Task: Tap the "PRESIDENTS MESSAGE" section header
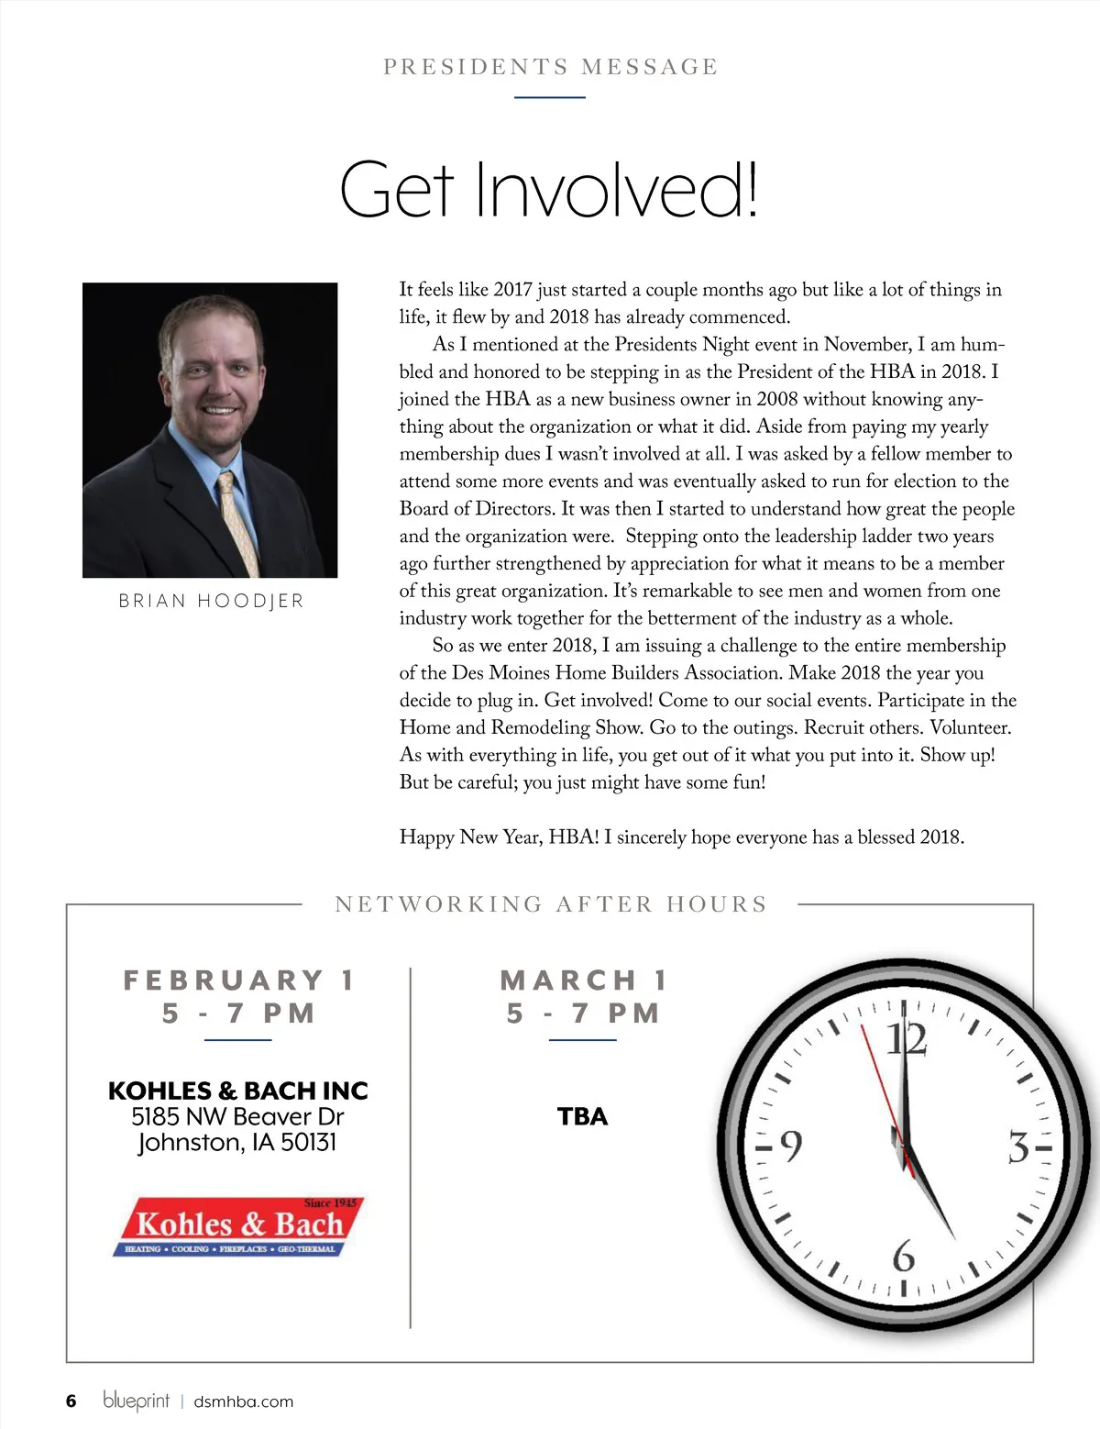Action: [550, 67]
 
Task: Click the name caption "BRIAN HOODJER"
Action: [211, 601]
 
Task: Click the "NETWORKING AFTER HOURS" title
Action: [550, 904]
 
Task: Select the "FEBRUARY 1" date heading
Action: [238, 980]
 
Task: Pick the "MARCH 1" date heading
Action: [583, 980]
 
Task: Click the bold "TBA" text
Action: [582, 1116]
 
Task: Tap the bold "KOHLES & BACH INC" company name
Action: [237, 1091]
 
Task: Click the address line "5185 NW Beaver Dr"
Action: [237, 1116]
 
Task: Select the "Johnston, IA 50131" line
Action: [237, 1143]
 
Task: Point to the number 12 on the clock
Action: [906, 1040]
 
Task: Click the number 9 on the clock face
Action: [789, 1147]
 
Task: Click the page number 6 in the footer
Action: [71, 1401]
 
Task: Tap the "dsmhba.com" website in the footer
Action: [244, 1401]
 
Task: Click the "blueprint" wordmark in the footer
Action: [136, 1401]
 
